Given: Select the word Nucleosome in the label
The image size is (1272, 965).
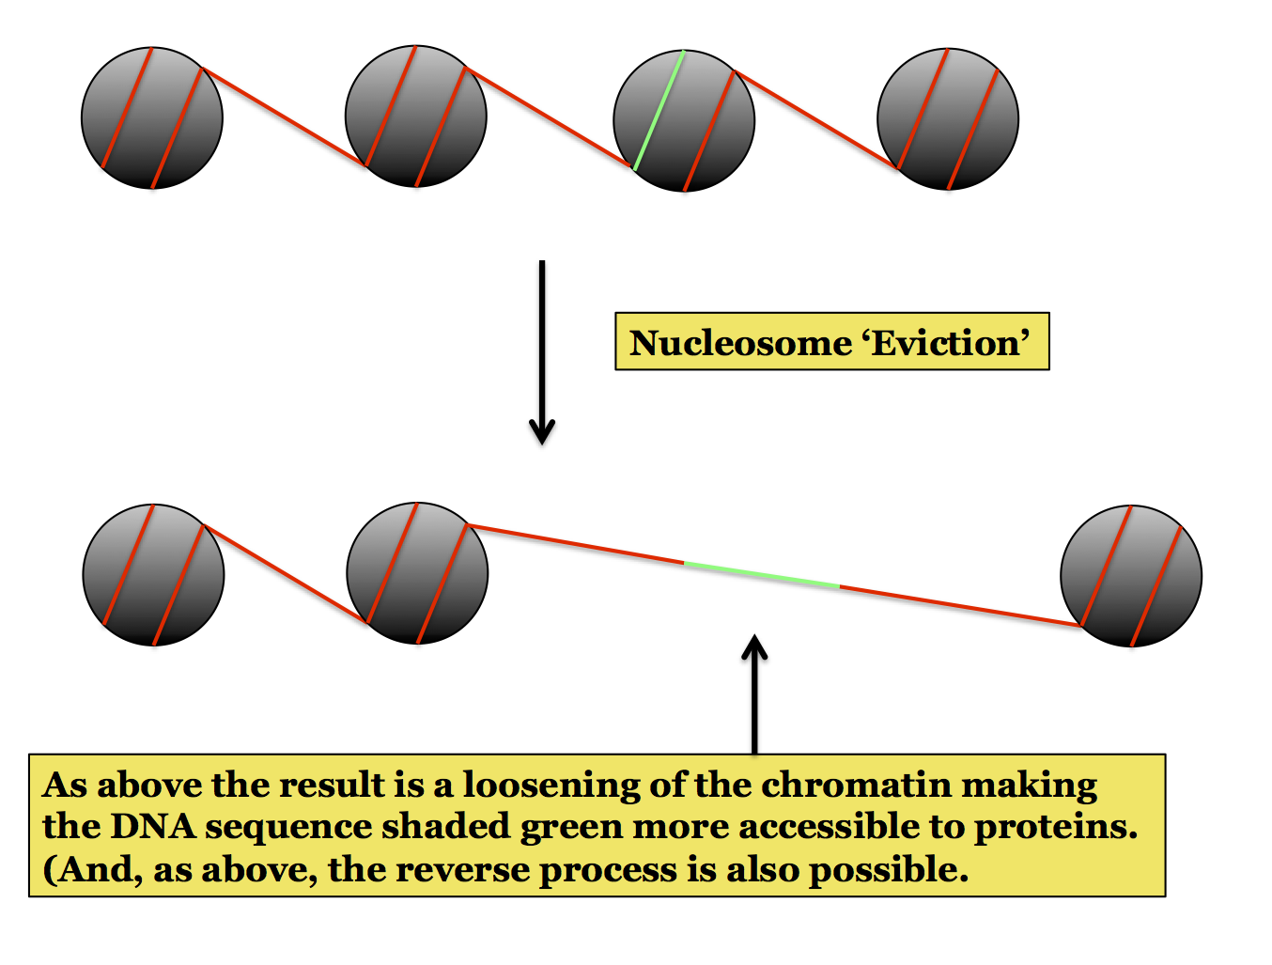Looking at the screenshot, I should (x=739, y=343).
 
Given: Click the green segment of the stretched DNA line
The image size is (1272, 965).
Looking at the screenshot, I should (x=761, y=574).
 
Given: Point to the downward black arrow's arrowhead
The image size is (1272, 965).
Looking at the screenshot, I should (x=542, y=431).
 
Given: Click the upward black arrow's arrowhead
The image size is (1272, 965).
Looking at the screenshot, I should (x=754, y=648).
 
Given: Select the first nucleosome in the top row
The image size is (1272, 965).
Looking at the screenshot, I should (x=152, y=118).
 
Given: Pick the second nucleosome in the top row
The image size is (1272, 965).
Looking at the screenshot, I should (x=416, y=117).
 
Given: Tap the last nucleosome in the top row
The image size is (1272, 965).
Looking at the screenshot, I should (x=948, y=119).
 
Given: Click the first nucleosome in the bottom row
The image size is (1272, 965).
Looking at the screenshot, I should (x=153, y=575).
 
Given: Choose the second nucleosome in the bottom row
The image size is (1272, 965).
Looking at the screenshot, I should (x=417, y=573).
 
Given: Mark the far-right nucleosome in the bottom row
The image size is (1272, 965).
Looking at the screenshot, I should (x=1131, y=576).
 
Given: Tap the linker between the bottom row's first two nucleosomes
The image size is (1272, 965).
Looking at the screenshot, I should (x=285, y=573).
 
